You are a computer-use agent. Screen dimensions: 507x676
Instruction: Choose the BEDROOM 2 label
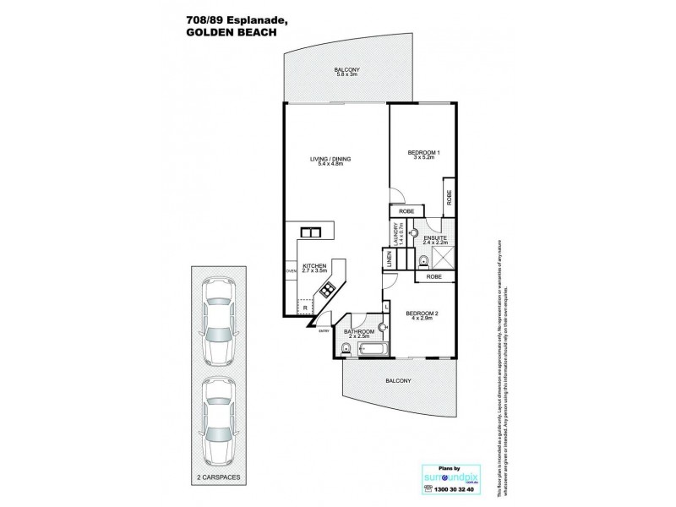(420, 313)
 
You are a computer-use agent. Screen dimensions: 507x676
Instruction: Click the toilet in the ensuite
(425, 261)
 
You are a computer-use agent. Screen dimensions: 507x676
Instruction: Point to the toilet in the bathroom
(345, 348)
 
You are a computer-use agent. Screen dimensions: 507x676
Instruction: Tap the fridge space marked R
(306, 308)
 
